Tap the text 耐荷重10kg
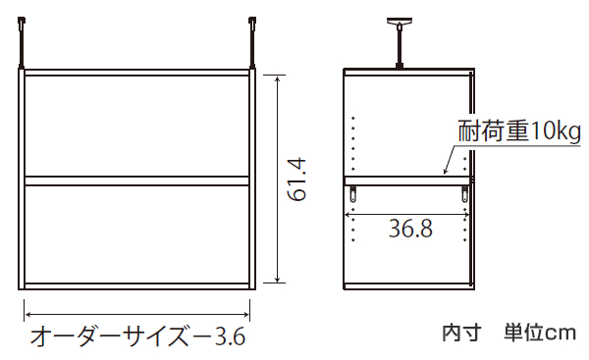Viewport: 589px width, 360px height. pos(519,130)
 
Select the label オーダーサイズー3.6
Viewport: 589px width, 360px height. pos(136,336)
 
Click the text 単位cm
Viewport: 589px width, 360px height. pos(537,332)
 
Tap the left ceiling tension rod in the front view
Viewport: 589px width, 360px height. pos(21,43)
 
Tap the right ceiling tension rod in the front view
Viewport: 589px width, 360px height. pos(254,43)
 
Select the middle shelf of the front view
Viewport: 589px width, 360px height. pos(137,180)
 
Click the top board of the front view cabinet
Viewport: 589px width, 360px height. pos(137,73)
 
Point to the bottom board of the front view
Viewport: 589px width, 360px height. pos(137,285)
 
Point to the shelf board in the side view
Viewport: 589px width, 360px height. pos(406,180)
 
